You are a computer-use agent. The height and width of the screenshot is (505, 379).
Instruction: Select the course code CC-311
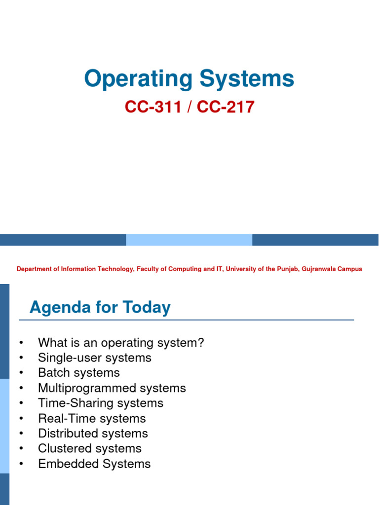(152, 107)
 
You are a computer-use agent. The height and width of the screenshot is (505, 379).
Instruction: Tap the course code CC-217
(226, 107)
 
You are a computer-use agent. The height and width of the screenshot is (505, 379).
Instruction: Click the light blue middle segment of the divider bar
(189, 240)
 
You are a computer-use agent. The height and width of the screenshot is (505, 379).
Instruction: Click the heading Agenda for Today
(100, 308)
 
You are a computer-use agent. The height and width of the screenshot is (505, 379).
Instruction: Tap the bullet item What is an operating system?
(121, 343)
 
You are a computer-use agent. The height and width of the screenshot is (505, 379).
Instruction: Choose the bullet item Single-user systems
(95, 358)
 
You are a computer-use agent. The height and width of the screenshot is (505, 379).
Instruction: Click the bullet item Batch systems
(79, 373)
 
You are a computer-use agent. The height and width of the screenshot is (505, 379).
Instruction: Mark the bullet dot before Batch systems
(20, 373)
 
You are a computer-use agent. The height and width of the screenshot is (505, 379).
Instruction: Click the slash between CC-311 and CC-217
(189, 107)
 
